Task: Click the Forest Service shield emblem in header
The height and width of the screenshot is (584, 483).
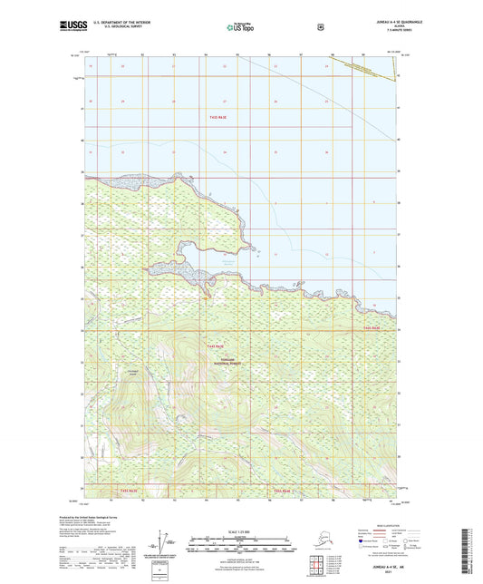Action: tap(318, 27)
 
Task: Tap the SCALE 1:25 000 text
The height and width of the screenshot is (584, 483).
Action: tap(240, 530)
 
